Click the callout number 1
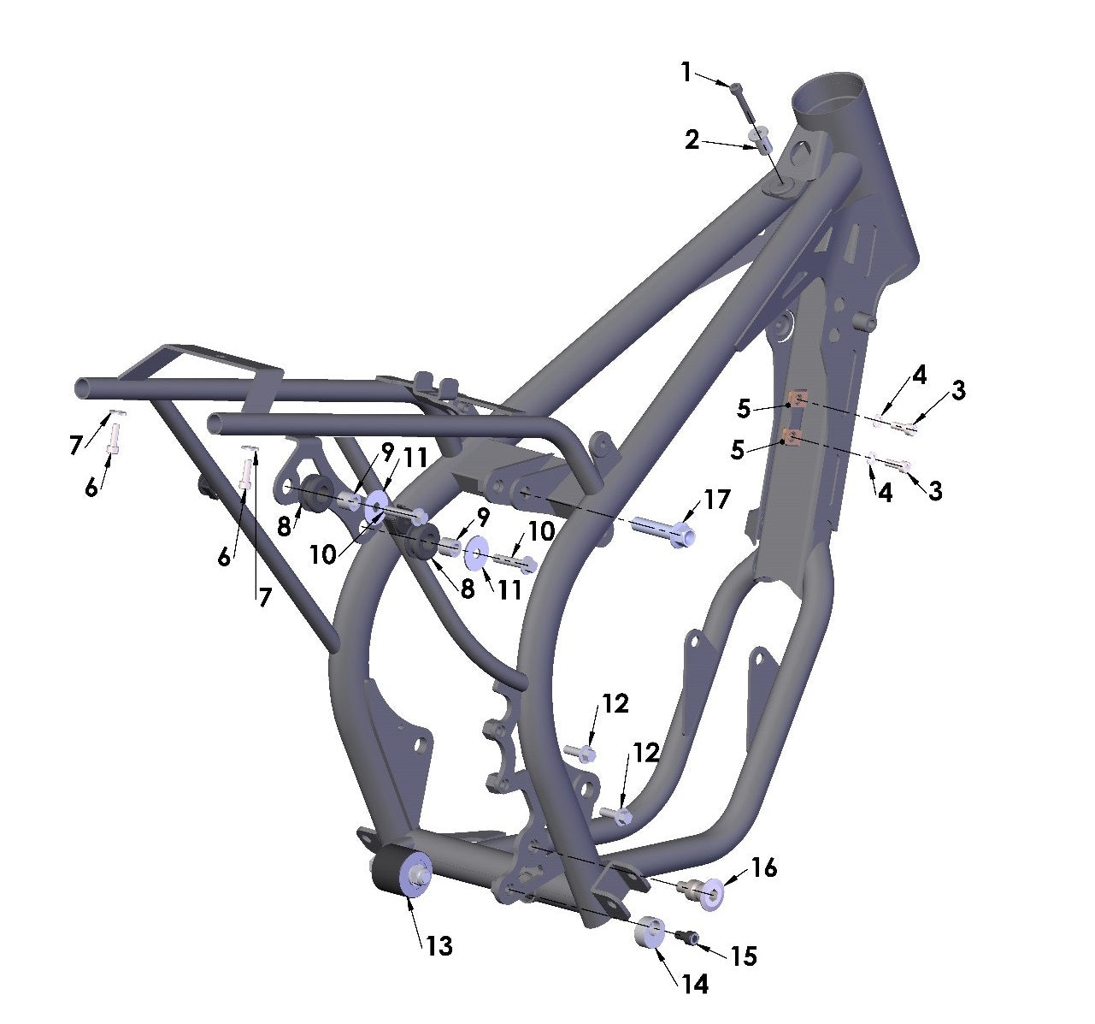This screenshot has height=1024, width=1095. [x=686, y=73]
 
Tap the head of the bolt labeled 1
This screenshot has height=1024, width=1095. [x=734, y=86]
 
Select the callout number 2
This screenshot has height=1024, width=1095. [x=692, y=139]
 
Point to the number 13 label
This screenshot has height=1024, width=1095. [x=439, y=945]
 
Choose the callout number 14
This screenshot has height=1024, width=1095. [x=695, y=985]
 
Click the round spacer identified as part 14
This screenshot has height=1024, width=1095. [x=651, y=932]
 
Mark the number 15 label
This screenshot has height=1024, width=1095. [x=744, y=956]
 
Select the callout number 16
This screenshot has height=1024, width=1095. [x=763, y=867]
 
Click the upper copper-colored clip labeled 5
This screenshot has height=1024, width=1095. [x=797, y=400]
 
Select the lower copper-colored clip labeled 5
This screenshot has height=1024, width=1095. [x=791, y=439]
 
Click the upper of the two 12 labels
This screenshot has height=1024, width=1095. [x=615, y=703]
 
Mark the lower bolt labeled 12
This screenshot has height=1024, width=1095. [x=616, y=814]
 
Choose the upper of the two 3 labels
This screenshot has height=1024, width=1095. [x=958, y=390]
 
